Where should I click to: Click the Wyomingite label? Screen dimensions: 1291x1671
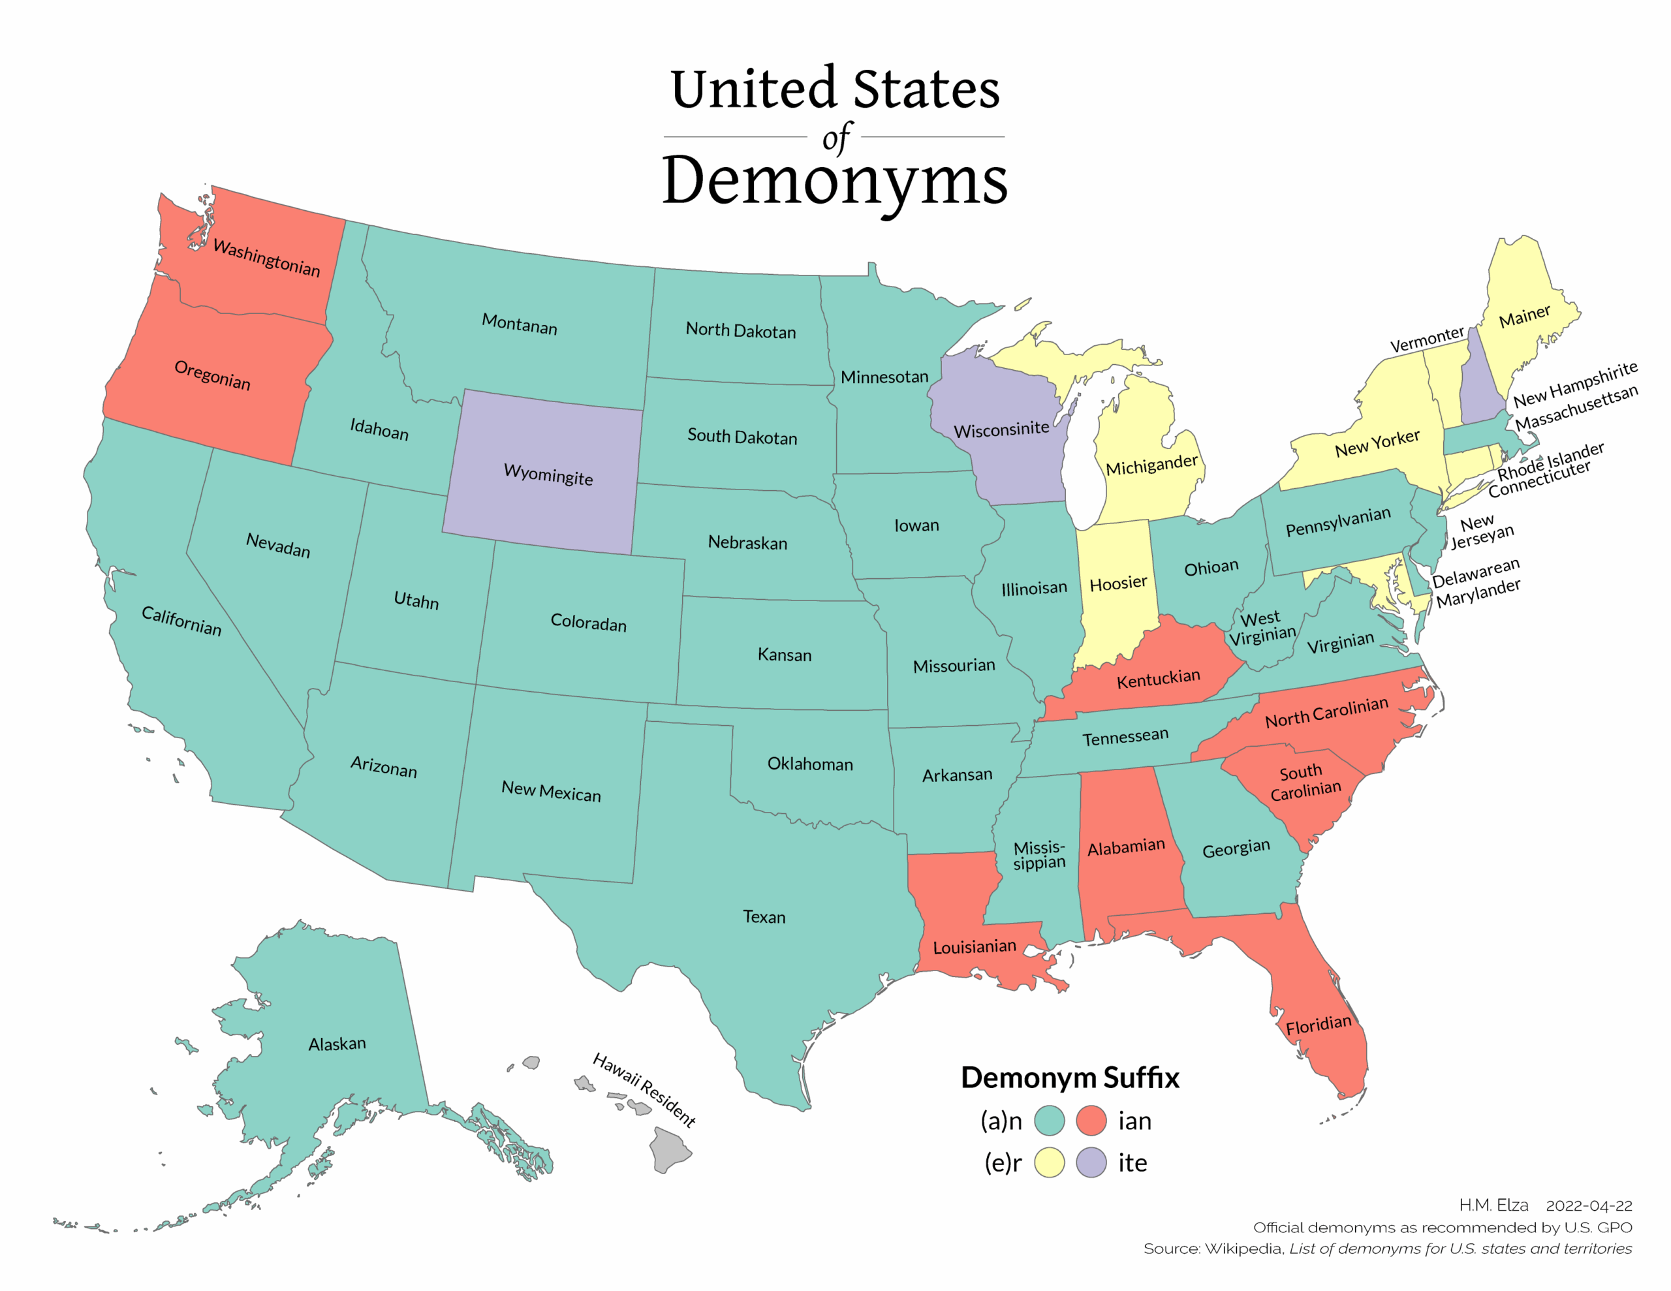point(548,474)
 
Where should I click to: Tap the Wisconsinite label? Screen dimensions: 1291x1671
point(1001,429)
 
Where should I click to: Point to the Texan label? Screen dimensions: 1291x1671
point(764,917)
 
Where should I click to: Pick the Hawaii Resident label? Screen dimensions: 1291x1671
point(644,1090)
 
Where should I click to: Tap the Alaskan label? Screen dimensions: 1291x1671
point(337,1044)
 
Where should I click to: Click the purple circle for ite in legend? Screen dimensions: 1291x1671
point(1091,1162)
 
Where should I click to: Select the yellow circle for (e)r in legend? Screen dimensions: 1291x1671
point(1049,1162)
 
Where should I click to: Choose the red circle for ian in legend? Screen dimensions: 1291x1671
point(1091,1121)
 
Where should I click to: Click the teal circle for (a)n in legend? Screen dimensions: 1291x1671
point(1049,1121)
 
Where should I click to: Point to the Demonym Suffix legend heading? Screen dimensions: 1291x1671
point(1070,1078)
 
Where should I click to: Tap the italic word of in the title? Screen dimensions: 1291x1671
point(835,138)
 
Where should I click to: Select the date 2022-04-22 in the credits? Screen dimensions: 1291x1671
point(1589,1206)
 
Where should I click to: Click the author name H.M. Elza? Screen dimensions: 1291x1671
point(1493,1205)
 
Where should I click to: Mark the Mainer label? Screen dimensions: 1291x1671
point(1524,316)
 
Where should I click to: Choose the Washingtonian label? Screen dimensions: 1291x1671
point(266,258)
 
